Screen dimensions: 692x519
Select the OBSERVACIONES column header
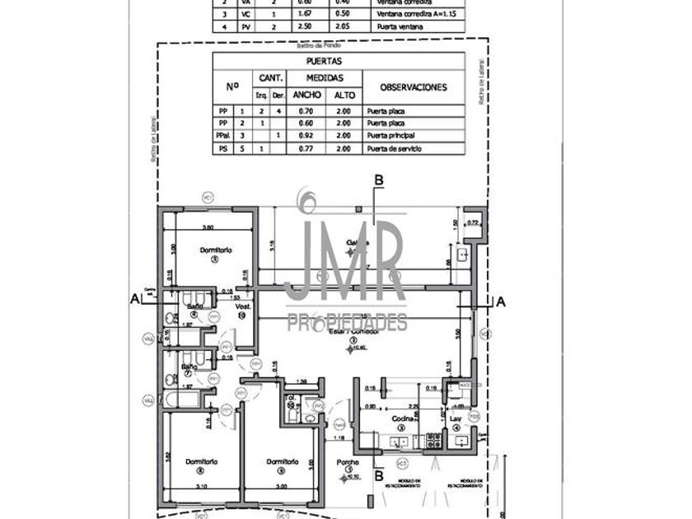[414, 86]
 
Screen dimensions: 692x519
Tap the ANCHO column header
[307, 95]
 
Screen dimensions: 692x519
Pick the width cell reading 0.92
[307, 135]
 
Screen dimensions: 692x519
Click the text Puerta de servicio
[395, 147]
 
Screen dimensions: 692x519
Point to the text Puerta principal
[391, 135]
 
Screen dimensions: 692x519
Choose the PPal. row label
[222, 135]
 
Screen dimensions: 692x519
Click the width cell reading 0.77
[307, 147]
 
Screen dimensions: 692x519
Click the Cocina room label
[401, 420]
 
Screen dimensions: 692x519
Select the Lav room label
[456, 420]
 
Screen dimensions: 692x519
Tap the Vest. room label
[243, 306]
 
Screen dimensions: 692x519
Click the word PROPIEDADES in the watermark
[347, 322]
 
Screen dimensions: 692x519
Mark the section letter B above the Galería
[378, 180]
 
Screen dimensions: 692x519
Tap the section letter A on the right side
[500, 302]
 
